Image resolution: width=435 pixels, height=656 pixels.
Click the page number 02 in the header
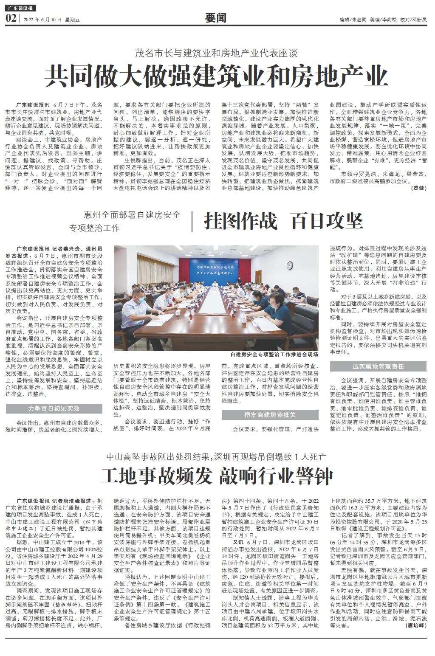(11, 18)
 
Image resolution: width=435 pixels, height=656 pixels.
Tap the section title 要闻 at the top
(216, 18)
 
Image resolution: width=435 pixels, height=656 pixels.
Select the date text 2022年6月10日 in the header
(42, 20)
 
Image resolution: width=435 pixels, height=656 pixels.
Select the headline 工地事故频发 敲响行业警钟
(217, 476)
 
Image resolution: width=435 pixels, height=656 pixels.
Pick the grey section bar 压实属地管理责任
(378, 366)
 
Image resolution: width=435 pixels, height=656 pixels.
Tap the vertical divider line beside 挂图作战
(192, 221)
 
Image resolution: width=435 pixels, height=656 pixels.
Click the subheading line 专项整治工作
(95, 228)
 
